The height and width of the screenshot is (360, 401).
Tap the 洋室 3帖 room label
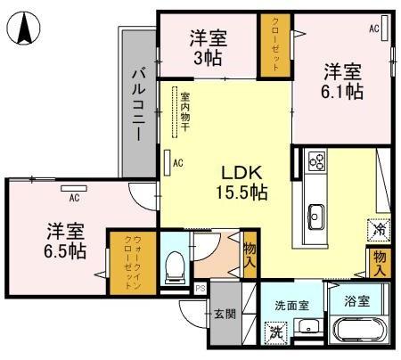(209, 46)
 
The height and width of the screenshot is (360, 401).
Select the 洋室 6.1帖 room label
(342, 79)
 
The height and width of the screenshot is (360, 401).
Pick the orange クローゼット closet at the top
(276, 45)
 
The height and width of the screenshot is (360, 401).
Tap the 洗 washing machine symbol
(276, 334)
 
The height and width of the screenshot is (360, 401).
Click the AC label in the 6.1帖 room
(374, 29)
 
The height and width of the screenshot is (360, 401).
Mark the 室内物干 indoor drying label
(184, 112)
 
